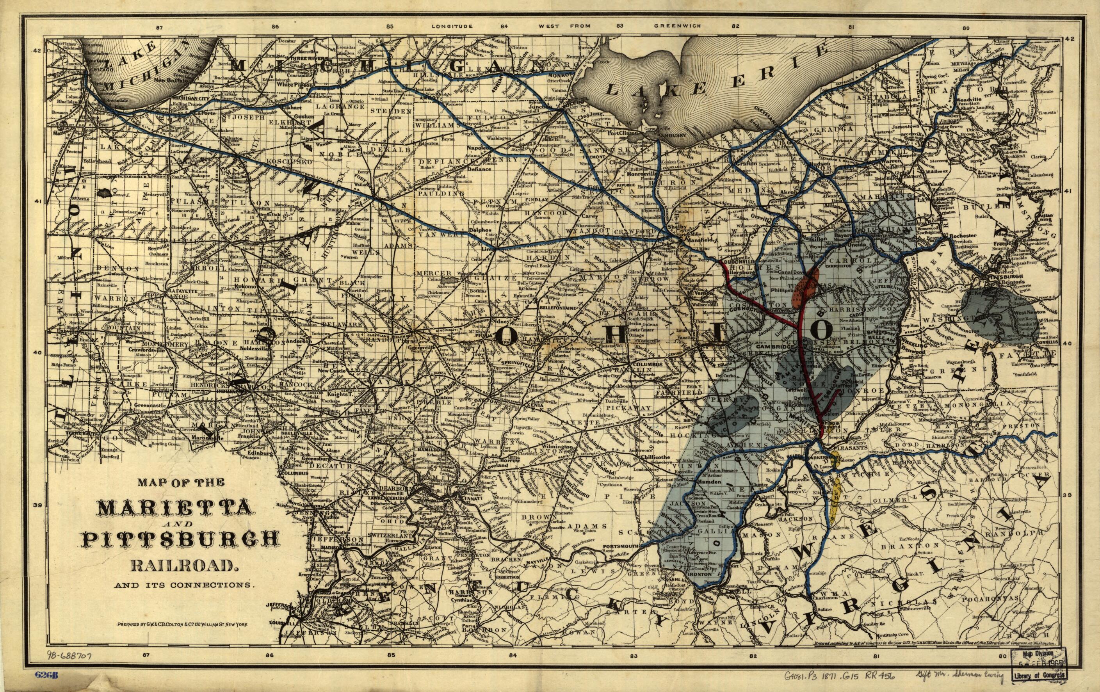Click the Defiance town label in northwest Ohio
pyautogui.click(x=478, y=169)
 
